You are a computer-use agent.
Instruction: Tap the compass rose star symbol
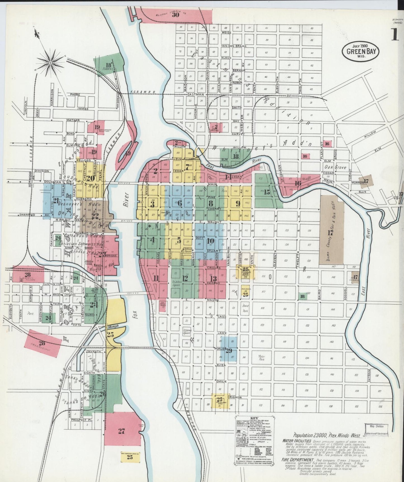pyautogui.click(x=51, y=63)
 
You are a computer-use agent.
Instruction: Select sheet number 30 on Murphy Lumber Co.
pyautogui.click(x=175, y=15)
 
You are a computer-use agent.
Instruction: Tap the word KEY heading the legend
pyautogui.click(x=254, y=418)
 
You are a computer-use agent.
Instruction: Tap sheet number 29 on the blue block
pyautogui.click(x=229, y=351)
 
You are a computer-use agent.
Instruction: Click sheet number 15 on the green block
pyautogui.click(x=267, y=192)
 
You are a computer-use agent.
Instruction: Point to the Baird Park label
pyautogui.click(x=245, y=308)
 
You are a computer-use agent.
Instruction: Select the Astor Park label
pyautogui.click(x=261, y=358)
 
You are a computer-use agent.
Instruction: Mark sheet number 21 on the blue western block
pyautogui.click(x=56, y=201)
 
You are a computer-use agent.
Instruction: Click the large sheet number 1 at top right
pyautogui.click(x=395, y=35)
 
